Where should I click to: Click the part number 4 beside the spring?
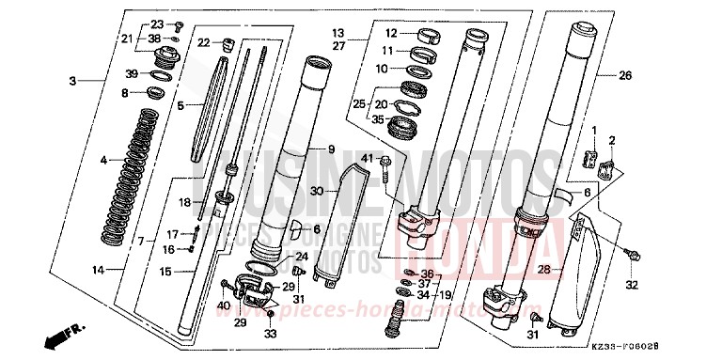(103, 161)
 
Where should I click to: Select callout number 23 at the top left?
(156, 23)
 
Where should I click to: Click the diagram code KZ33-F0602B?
(669, 347)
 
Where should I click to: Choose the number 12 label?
(390, 32)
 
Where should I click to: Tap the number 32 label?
(632, 285)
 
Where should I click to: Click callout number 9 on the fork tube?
(331, 149)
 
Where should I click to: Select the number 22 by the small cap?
(204, 42)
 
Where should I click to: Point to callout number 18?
(186, 202)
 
